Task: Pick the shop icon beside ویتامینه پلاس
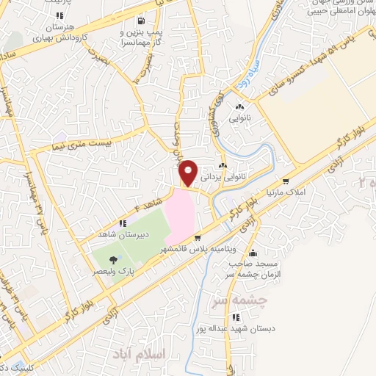pyautogui.click(x=198, y=237)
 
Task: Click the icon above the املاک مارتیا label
pyautogui.click(x=285, y=181)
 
